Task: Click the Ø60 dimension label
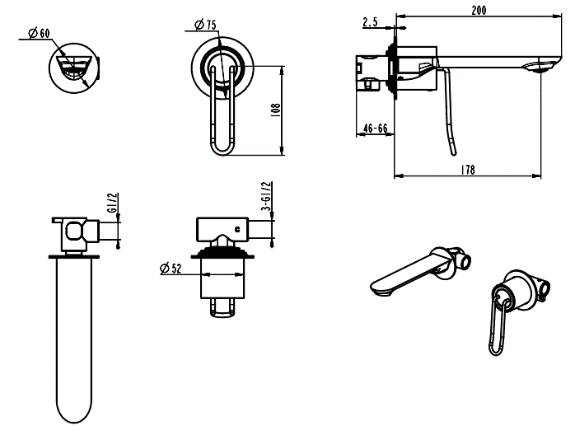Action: coord(39,33)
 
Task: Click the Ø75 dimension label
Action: coord(207,26)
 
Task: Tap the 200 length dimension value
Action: coord(478,9)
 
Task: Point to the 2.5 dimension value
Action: coord(370,22)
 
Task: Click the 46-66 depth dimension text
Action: coord(375,129)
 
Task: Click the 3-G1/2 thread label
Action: coord(266,199)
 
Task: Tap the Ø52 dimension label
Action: coord(171,268)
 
